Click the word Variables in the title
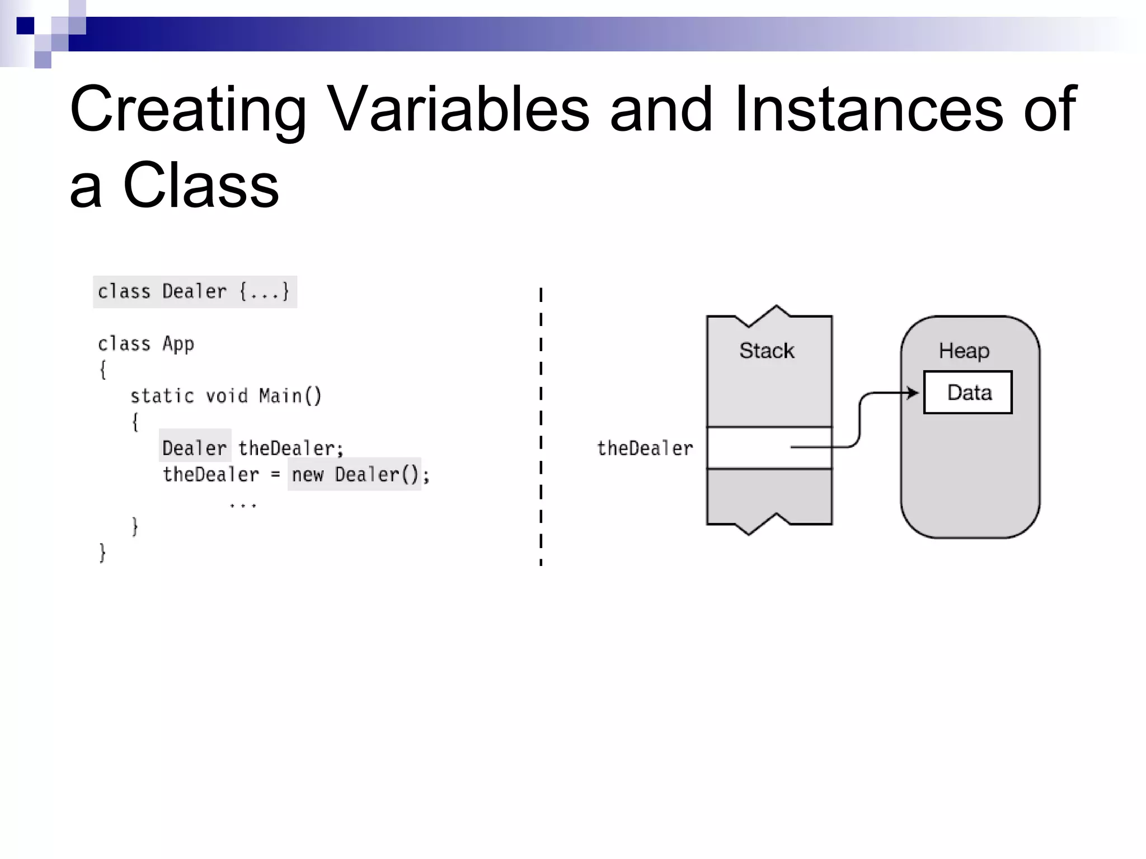(x=458, y=109)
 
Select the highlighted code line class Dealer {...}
(x=194, y=292)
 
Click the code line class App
(x=145, y=344)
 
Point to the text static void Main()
(x=226, y=396)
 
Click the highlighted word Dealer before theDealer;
(x=194, y=448)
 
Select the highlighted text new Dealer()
(x=355, y=475)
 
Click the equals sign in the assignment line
(x=275, y=475)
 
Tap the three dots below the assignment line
(x=243, y=505)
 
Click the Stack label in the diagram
(x=767, y=351)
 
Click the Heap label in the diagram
(x=964, y=351)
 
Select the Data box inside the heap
(x=968, y=393)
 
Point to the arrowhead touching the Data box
(x=913, y=393)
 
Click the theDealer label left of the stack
(x=645, y=449)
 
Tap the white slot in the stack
(x=750, y=448)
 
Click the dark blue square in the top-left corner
(x=25, y=26)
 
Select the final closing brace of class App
(x=102, y=553)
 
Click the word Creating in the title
(x=188, y=109)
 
